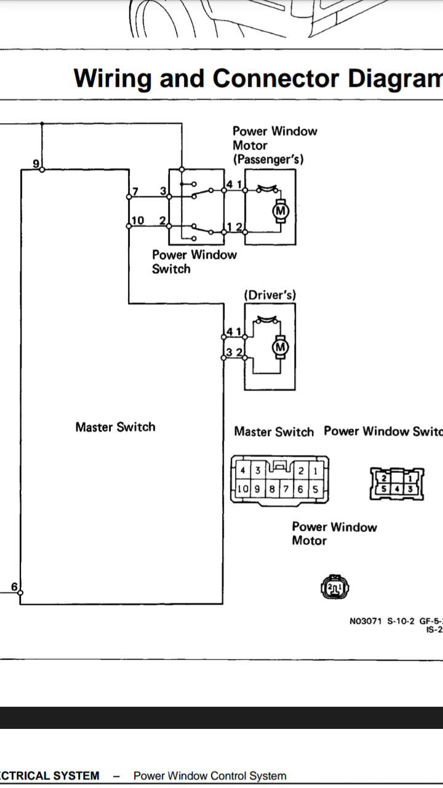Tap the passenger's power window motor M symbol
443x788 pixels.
point(281,211)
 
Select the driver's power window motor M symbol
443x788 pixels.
point(281,348)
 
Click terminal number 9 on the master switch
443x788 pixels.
point(36,163)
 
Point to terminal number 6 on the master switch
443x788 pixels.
point(15,587)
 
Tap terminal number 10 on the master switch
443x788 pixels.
point(138,220)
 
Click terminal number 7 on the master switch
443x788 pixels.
point(135,191)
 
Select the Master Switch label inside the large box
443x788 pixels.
point(115,427)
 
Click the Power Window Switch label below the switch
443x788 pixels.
point(194,262)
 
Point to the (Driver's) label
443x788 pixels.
point(269,295)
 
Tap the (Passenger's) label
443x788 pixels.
point(268,159)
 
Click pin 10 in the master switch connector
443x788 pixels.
point(243,489)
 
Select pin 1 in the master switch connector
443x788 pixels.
point(315,471)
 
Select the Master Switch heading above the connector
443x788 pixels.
point(274,432)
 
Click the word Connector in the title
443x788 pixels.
point(276,79)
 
